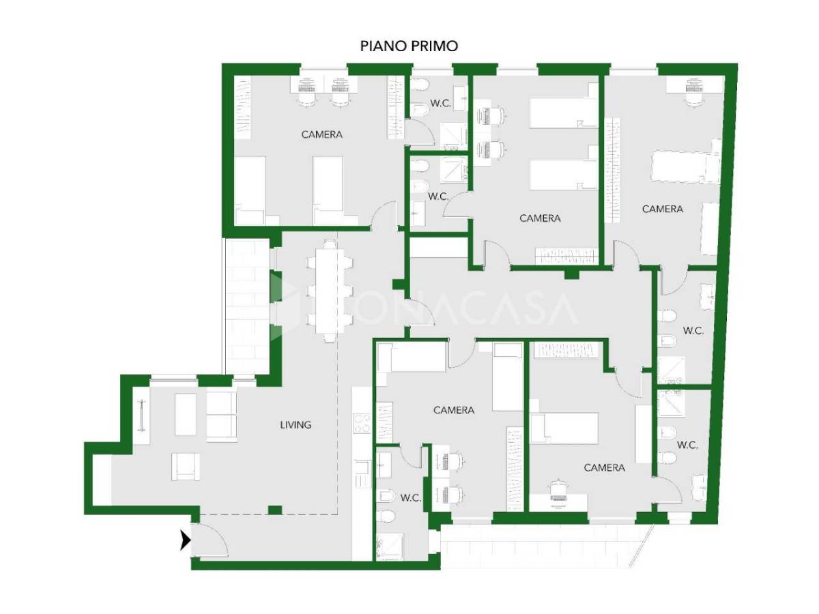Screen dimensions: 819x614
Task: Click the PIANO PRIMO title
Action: click(409, 46)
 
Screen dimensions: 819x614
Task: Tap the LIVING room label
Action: click(296, 424)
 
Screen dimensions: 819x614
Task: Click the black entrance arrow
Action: click(186, 540)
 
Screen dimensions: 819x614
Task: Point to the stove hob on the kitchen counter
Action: click(362, 423)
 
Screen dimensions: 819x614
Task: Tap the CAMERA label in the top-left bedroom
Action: click(321, 134)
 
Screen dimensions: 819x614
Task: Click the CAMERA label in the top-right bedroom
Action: click(662, 209)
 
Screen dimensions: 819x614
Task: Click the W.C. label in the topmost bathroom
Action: click(441, 103)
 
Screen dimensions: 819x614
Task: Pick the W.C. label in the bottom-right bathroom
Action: click(687, 445)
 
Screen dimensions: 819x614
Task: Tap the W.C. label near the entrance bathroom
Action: click(411, 498)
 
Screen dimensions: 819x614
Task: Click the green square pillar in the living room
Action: click(275, 510)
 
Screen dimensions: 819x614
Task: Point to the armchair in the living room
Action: click(186, 467)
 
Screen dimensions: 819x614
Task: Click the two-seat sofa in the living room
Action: click(222, 416)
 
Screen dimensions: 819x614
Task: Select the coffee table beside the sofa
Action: click(186, 414)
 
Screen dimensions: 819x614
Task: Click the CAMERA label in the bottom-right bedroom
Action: click(604, 467)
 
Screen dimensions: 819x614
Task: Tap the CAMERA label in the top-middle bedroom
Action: click(540, 218)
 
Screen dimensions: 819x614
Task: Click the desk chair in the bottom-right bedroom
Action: click(558, 488)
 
